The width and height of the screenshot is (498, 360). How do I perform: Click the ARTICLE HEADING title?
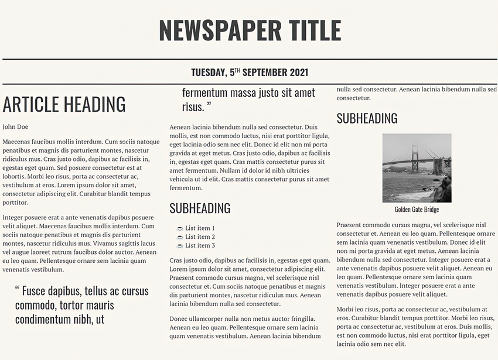click(x=64, y=104)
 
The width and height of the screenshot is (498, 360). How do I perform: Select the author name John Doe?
click(x=15, y=126)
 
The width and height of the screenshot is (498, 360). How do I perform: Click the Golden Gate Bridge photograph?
click(x=417, y=168)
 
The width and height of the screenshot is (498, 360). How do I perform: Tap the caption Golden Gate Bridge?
click(x=417, y=210)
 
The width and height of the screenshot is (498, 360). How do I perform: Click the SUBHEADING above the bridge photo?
click(x=367, y=119)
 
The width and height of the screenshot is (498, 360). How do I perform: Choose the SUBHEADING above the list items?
click(x=200, y=208)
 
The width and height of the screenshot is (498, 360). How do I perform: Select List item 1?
click(x=200, y=228)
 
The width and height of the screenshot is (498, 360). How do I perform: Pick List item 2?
click(x=200, y=237)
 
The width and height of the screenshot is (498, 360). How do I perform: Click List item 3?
click(x=200, y=245)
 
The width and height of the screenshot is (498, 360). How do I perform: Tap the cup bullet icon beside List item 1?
click(x=180, y=228)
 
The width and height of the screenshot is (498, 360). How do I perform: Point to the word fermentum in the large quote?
click(x=204, y=92)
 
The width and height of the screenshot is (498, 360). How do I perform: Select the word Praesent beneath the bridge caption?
click(x=350, y=225)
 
